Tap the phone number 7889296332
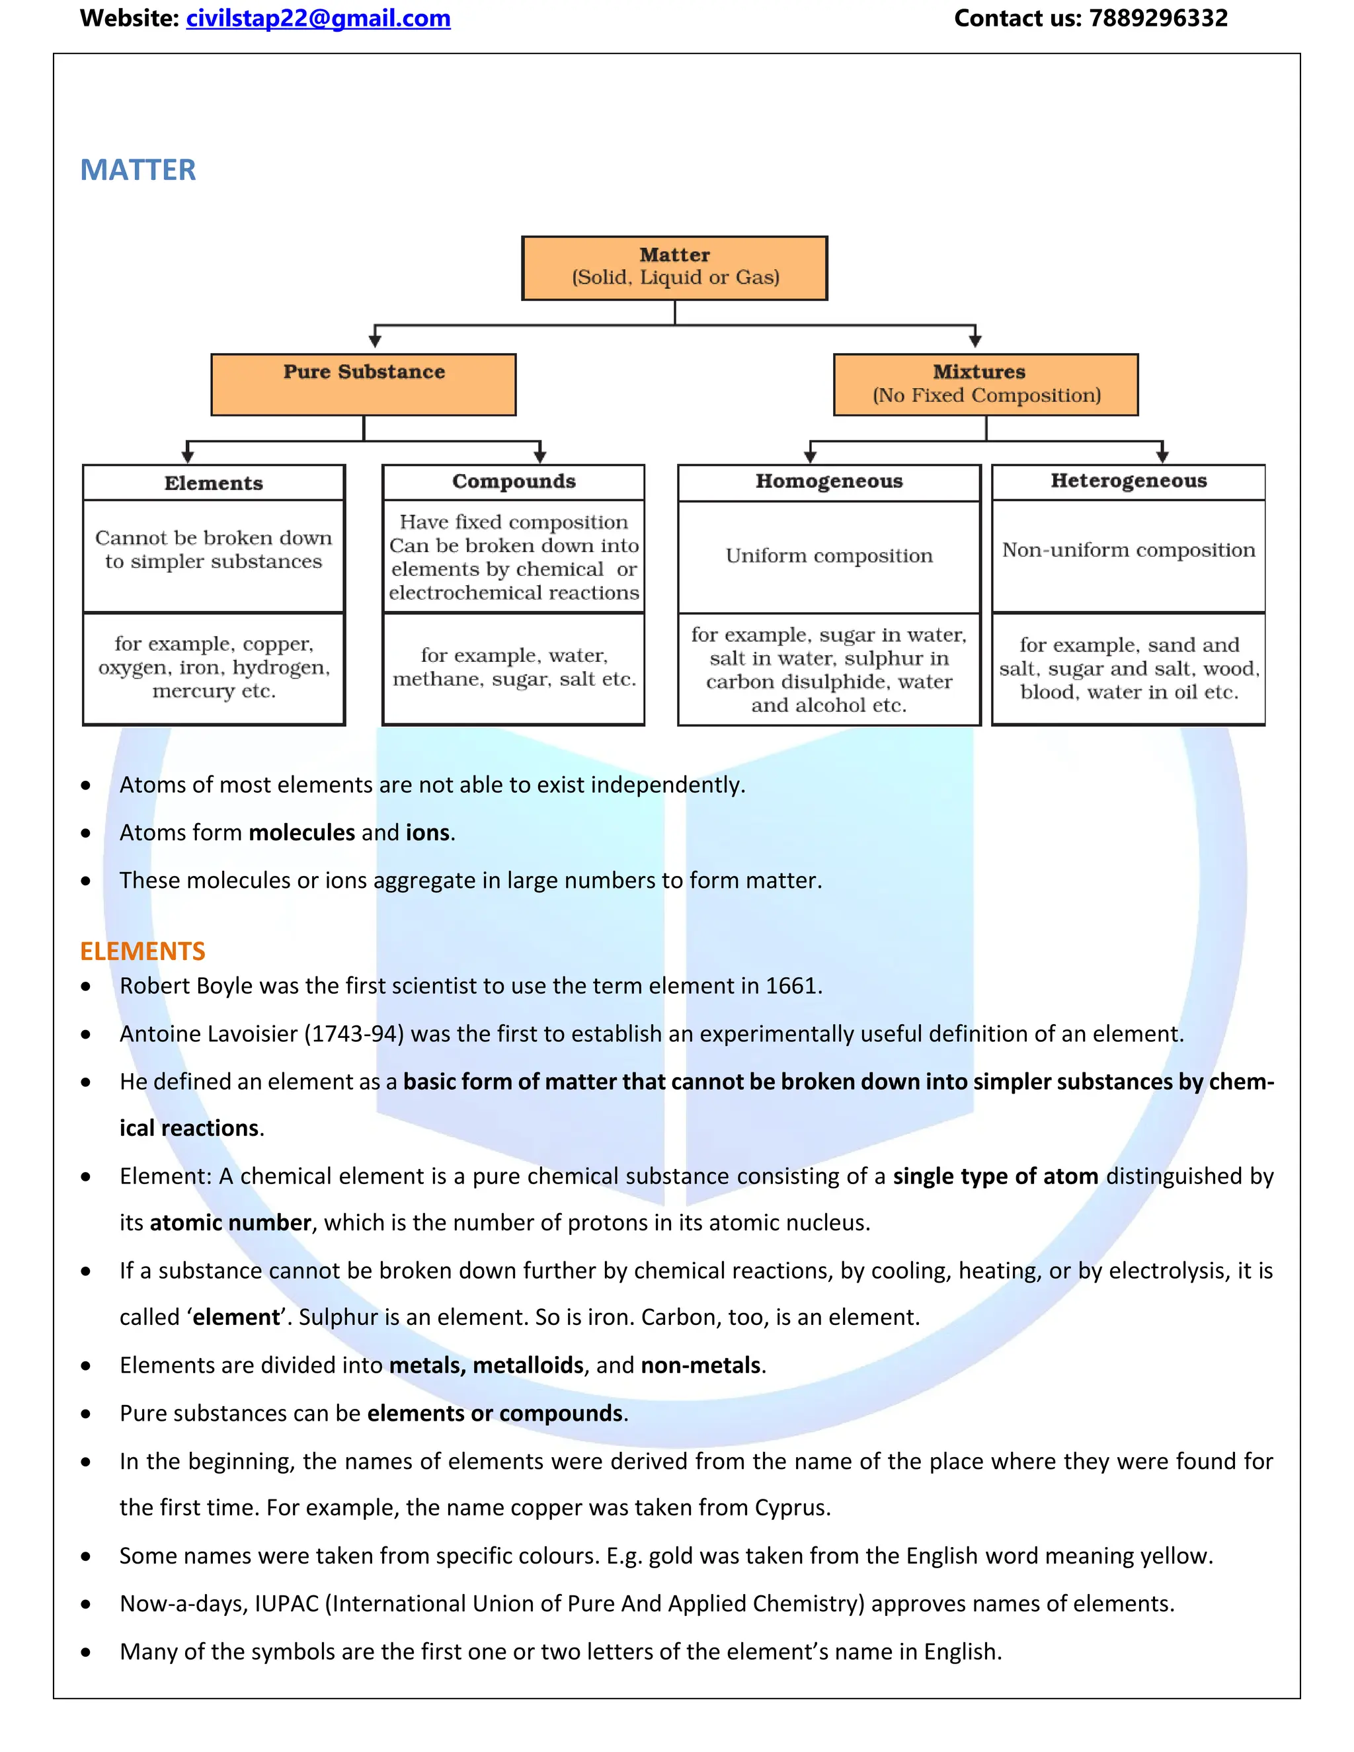[x=1158, y=19]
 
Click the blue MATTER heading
[x=138, y=170]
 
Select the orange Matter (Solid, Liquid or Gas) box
[x=674, y=268]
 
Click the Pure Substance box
[x=364, y=384]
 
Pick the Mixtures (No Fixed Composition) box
[x=985, y=384]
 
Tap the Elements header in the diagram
[x=214, y=483]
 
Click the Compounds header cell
[x=513, y=481]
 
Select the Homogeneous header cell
[x=828, y=481]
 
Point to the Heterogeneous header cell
[x=1128, y=481]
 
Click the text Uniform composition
[x=828, y=556]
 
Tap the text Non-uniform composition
[x=1128, y=550]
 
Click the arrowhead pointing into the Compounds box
[x=540, y=456]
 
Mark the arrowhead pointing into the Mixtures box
[x=975, y=340]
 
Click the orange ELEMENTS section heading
[x=143, y=951]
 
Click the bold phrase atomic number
[x=230, y=1222]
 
